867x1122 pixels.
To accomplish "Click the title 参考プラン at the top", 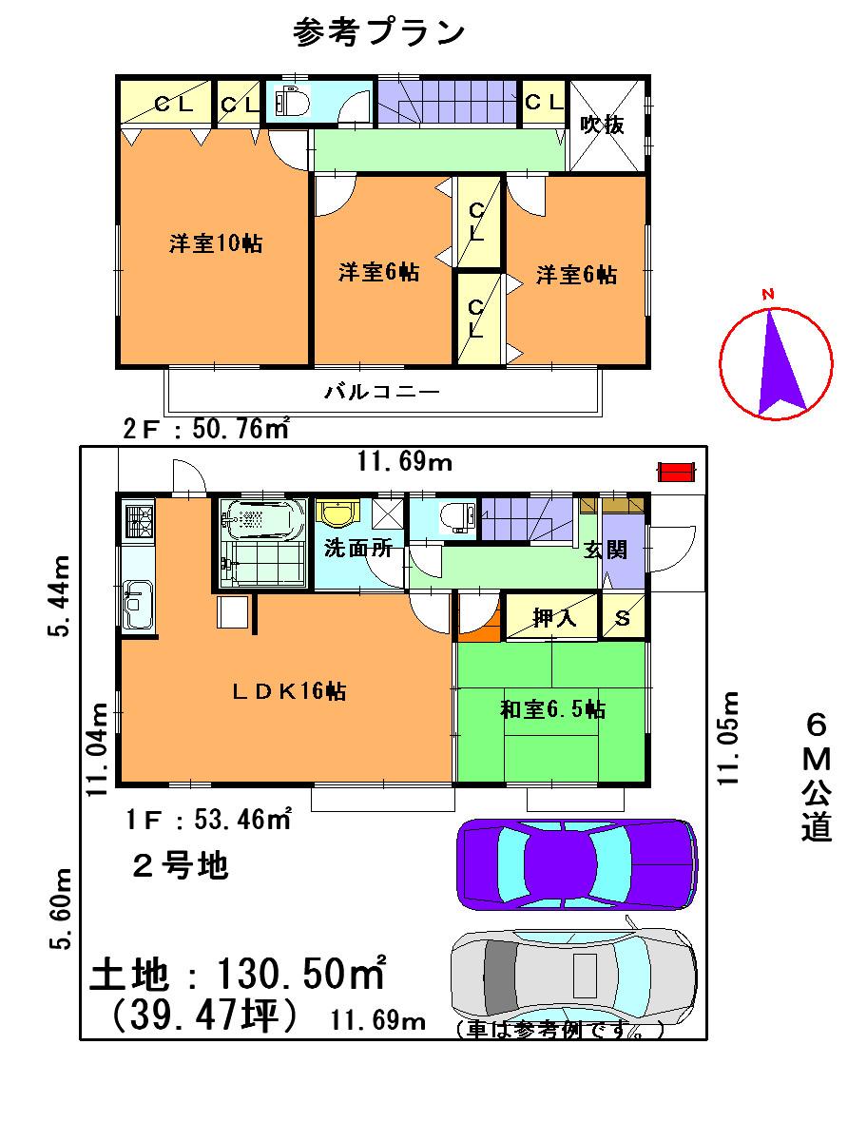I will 379,32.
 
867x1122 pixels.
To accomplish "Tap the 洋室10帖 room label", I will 216,244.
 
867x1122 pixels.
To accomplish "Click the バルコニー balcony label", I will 381,391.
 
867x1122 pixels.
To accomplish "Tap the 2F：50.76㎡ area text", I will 206,430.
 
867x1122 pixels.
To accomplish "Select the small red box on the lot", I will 678,471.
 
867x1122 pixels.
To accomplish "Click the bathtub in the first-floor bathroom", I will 261,518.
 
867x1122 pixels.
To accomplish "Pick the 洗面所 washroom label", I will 353,550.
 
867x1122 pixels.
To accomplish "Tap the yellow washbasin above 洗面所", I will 336,514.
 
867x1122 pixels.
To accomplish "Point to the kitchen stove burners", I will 138,521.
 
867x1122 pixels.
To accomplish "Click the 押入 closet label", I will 553,619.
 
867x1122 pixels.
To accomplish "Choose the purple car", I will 576,864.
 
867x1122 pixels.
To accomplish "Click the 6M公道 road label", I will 816,777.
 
